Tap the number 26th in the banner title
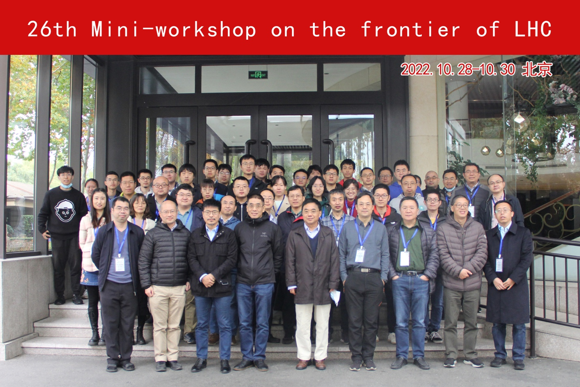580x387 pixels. [x=52, y=29]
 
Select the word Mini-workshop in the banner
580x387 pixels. [x=174, y=30]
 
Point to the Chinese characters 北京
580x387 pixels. [x=537, y=69]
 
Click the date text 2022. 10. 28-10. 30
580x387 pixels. [x=458, y=69]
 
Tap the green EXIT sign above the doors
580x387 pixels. [x=258, y=75]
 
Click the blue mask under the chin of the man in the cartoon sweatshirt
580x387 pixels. [x=67, y=185]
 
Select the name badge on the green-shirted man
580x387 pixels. [x=404, y=258]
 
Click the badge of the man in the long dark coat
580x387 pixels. [x=499, y=264]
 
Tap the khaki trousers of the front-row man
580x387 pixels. [x=167, y=323]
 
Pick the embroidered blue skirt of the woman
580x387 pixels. [x=90, y=277]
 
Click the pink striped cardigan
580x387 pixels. [x=88, y=241]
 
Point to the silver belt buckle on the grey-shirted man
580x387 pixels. [x=365, y=270]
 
